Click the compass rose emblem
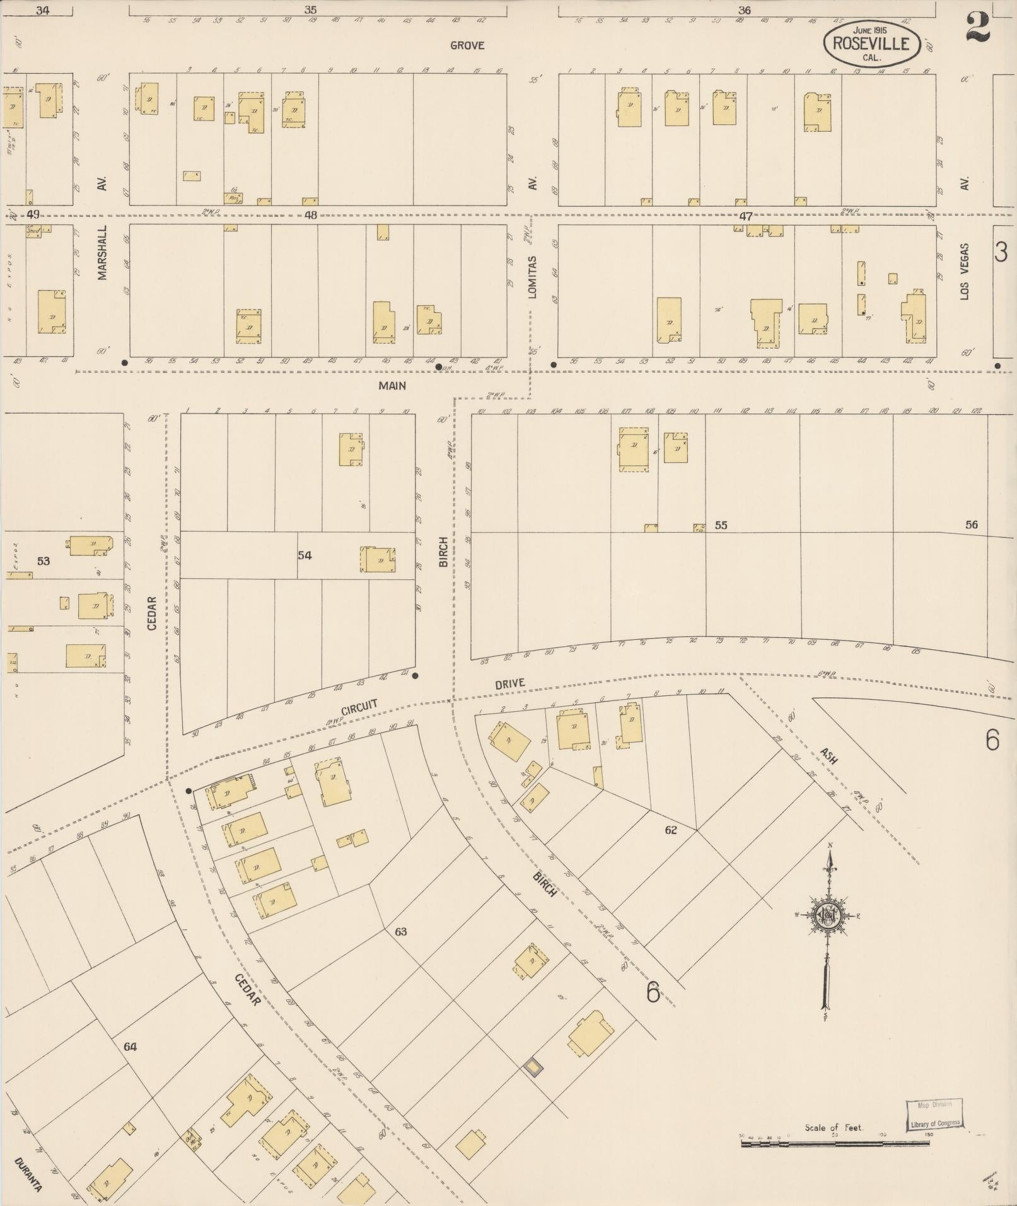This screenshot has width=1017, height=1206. point(826,915)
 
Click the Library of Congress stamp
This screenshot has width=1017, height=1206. point(934,1115)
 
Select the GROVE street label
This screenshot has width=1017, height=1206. point(467,45)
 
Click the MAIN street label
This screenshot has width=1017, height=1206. point(392,385)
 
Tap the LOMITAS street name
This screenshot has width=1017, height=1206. point(533,277)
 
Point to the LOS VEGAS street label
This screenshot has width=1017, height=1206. point(965,272)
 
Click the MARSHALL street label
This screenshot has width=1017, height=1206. point(103,253)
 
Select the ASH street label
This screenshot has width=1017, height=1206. point(828,756)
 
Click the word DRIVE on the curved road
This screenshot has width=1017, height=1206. point(509,684)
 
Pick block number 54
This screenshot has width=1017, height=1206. point(305,555)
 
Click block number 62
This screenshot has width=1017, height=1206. point(670,830)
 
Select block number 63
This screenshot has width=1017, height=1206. point(401,932)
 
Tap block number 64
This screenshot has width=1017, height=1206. point(130,1047)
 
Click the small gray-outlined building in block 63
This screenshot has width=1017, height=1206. point(533,1066)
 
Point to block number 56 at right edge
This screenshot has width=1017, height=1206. point(971,525)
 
